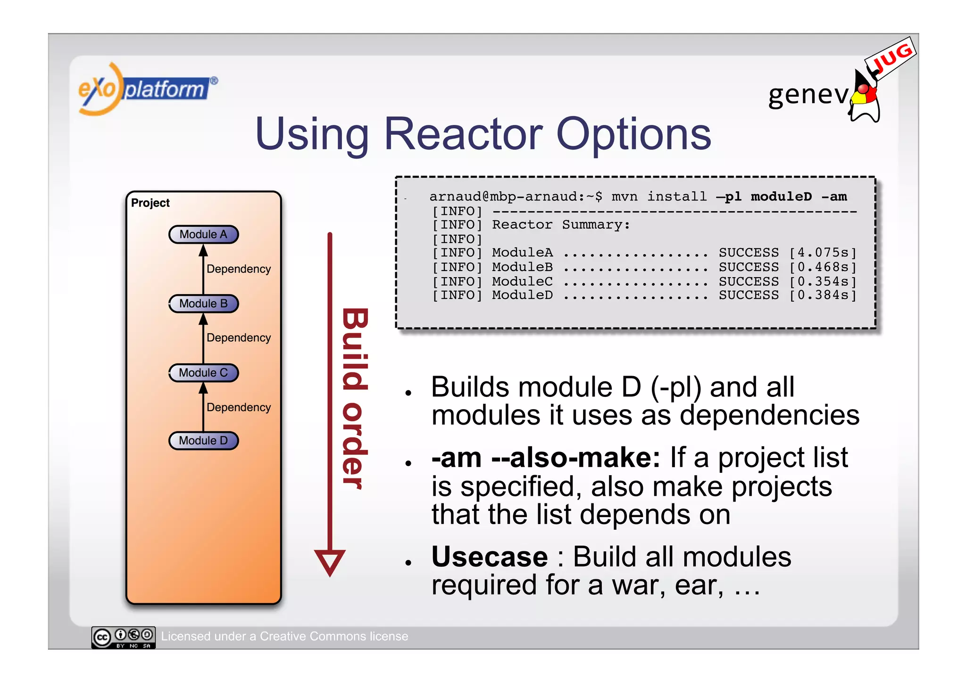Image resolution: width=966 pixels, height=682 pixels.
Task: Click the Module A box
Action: (203, 234)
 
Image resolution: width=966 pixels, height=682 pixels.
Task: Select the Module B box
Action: (203, 304)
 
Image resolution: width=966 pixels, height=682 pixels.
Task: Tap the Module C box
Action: (203, 373)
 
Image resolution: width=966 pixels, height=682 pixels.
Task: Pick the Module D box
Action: (203, 441)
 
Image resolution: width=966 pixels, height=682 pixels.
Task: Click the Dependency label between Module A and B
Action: (238, 269)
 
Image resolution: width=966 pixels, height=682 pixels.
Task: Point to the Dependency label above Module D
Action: (238, 407)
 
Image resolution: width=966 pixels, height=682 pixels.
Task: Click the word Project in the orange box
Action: (150, 203)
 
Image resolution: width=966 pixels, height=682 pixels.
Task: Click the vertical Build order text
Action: (354, 398)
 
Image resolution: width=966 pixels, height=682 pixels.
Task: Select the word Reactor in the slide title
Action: (463, 134)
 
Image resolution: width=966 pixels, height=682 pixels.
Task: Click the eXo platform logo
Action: (146, 89)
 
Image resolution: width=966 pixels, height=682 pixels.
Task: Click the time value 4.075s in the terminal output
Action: (823, 253)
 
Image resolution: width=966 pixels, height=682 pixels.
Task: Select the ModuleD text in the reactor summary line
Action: (522, 296)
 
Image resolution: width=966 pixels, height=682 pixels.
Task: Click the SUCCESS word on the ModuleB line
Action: (749, 267)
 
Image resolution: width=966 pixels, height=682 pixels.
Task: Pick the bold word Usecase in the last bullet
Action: (489, 557)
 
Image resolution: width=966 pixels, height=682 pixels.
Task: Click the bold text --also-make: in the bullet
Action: (575, 458)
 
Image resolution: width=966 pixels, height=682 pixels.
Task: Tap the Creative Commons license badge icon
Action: (123, 637)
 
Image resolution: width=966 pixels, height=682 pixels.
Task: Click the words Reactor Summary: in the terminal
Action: (561, 225)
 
